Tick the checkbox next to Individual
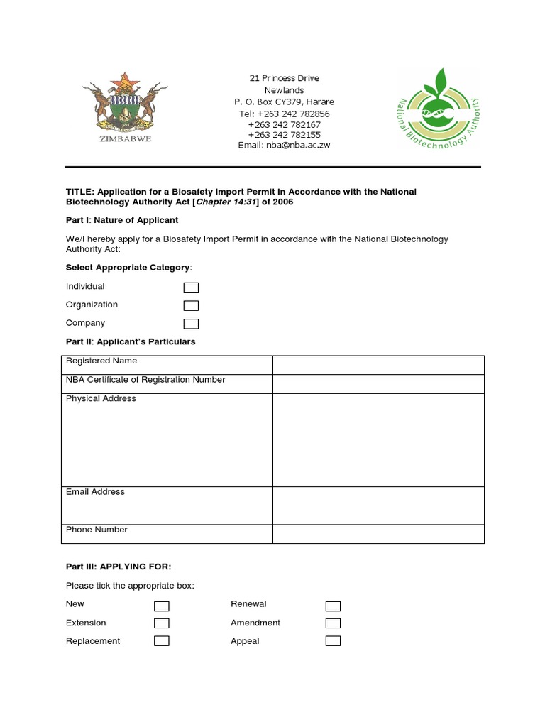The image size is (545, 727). tap(191, 288)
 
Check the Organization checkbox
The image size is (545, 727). tap(191, 306)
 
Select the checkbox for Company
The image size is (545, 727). tap(191, 324)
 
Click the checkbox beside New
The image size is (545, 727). tap(162, 606)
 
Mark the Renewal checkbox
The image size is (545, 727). tap(333, 606)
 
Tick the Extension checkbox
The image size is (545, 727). tap(162, 623)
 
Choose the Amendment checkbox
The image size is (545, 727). tap(333, 623)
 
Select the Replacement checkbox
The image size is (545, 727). tap(162, 641)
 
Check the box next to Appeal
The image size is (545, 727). tap(333, 641)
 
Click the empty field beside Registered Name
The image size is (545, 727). tap(378, 365)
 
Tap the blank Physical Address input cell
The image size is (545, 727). tap(378, 439)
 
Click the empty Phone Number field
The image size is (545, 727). tap(378, 534)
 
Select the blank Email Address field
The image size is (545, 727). tap(378, 505)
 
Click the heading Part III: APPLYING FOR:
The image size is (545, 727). tap(119, 567)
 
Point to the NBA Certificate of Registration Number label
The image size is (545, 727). tap(145, 380)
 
